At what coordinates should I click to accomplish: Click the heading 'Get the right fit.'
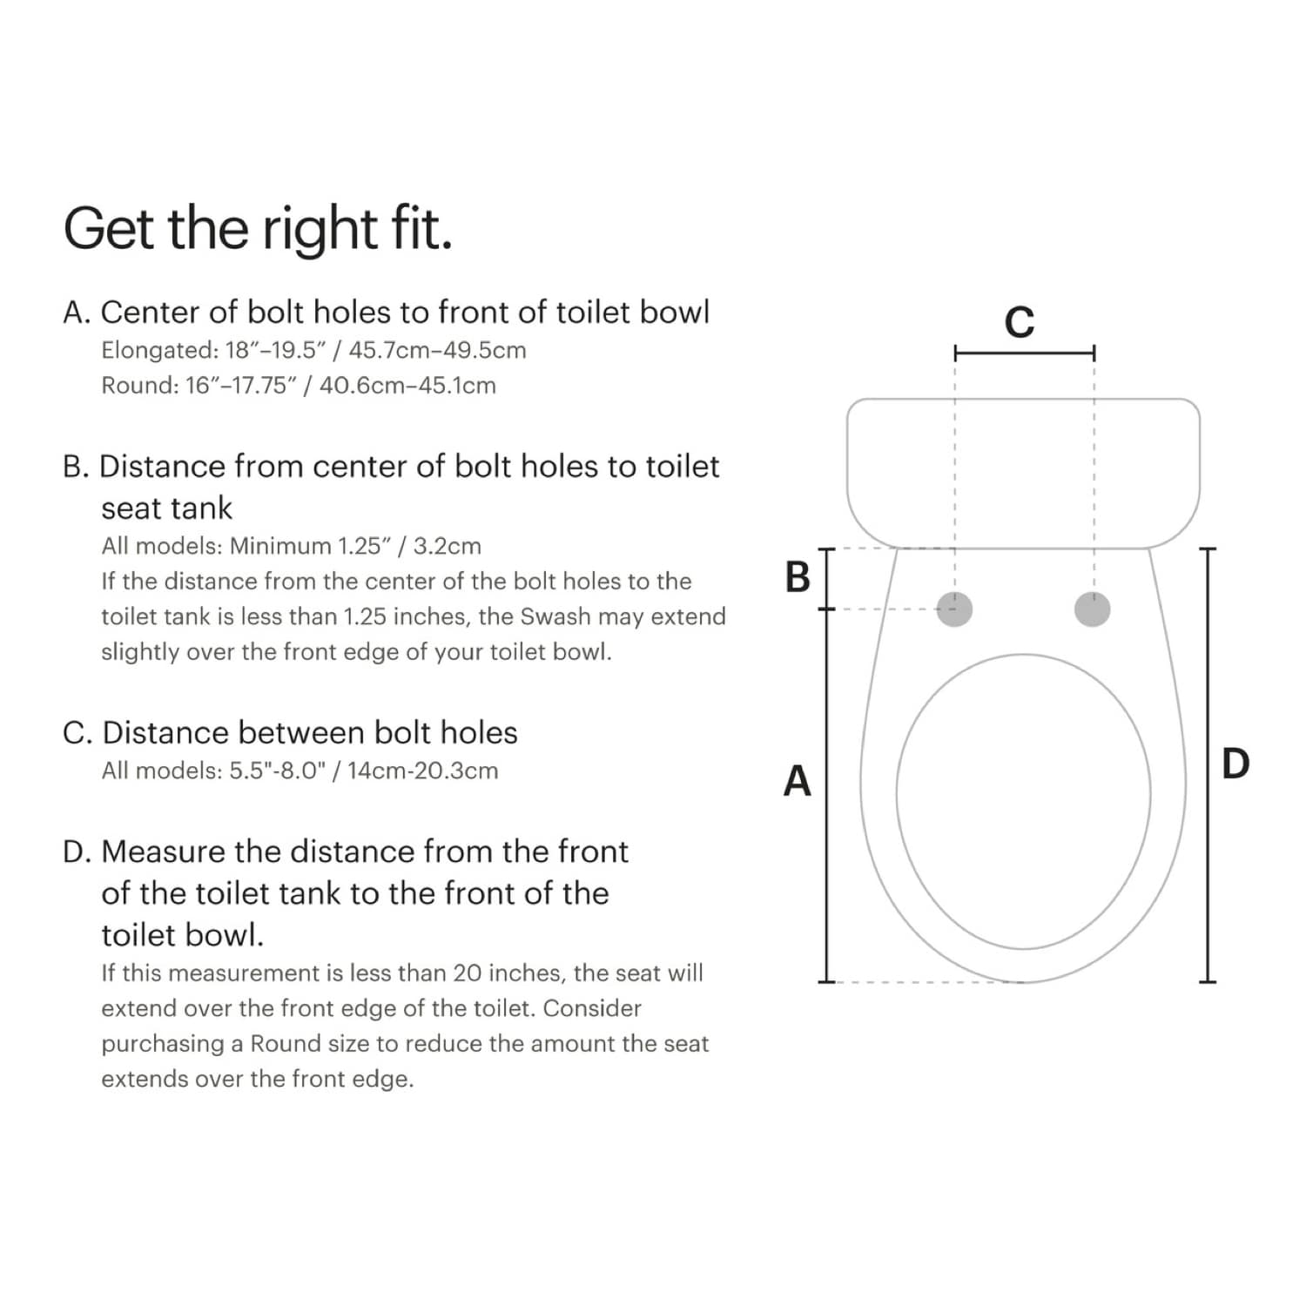[258, 228]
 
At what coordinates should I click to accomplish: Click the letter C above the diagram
[1020, 322]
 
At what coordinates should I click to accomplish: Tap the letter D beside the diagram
[1235, 764]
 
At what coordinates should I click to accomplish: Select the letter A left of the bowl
[797, 781]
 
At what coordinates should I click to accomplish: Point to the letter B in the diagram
[797, 577]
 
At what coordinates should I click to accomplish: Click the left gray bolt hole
[954, 609]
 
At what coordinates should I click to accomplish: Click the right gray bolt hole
[1092, 609]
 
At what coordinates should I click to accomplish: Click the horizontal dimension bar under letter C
[1024, 353]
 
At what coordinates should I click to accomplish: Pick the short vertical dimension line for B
[827, 578]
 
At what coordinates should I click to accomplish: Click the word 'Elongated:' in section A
[159, 350]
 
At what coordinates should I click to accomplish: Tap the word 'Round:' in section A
[139, 385]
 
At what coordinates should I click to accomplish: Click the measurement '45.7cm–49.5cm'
[437, 350]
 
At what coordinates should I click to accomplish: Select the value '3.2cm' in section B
[447, 546]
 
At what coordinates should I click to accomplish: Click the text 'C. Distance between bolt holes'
[290, 732]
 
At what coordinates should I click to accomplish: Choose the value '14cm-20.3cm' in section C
[422, 771]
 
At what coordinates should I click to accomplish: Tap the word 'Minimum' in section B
[280, 546]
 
